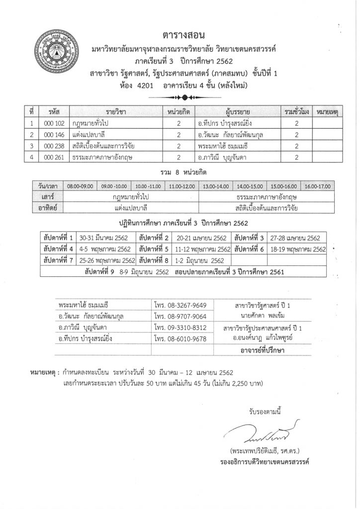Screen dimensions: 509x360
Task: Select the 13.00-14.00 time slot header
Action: click(x=216, y=186)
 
